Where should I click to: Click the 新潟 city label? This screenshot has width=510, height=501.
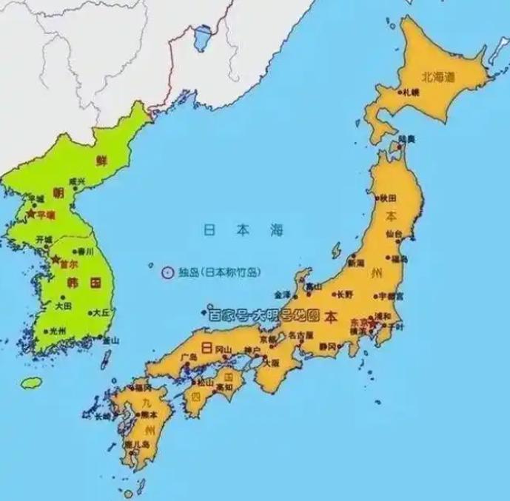(356, 263)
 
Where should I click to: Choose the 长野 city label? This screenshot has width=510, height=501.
(346, 293)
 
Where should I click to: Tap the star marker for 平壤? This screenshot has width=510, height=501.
(30, 213)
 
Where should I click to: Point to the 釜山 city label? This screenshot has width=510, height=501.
(111, 340)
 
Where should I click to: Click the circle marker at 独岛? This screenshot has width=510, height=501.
(167, 272)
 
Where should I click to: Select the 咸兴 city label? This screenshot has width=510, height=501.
(78, 181)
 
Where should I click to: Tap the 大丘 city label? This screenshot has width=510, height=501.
(101, 313)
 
